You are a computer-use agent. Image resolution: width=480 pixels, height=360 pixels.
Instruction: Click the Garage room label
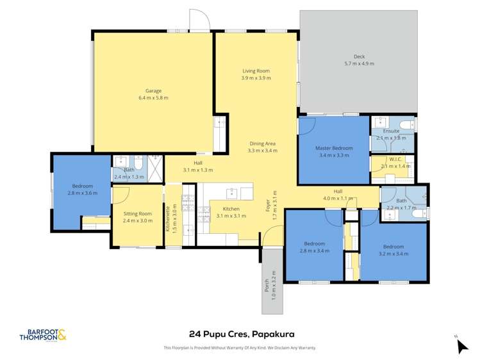[x=153, y=91]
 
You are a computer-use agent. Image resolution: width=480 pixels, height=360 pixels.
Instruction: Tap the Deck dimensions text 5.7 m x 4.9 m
[x=359, y=63]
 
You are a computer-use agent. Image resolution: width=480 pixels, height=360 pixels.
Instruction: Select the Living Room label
[x=256, y=70]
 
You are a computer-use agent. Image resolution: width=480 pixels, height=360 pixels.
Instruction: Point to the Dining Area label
[x=263, y=143]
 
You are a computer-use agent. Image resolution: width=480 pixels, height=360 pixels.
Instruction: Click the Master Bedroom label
[x=334, y=148]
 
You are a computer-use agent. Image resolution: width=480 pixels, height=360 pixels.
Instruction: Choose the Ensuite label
[x=391, y=131]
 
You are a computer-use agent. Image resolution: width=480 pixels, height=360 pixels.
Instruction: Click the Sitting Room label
[x=138, y=213]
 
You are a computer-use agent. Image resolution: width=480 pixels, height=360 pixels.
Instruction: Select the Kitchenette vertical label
[x=169, y=218]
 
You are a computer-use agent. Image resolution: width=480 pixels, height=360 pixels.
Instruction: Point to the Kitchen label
[x=231, y=209]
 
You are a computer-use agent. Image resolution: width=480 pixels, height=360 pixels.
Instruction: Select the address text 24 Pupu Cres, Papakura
[x=240, y=334]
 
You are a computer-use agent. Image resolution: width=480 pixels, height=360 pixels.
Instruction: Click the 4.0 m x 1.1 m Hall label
[x=338, y=191]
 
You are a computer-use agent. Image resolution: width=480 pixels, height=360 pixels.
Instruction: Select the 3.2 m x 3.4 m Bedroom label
[x=393, y=247]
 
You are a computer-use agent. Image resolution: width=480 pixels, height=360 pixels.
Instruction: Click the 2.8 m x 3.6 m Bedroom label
[x=82, y=186]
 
